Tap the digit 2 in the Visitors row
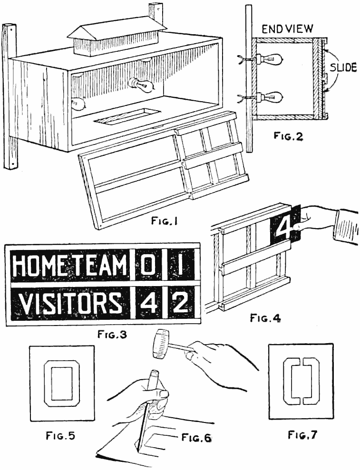pos(179,303)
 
